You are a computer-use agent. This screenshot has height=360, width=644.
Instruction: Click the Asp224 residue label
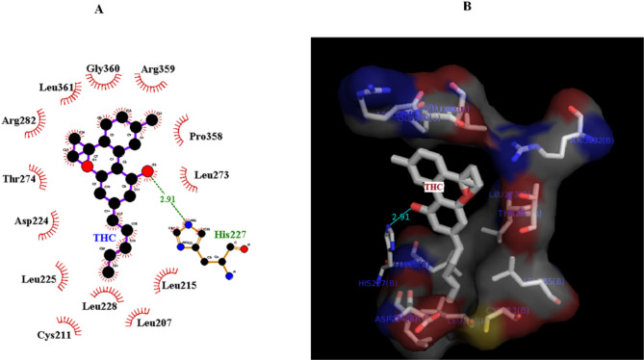coord(33,220)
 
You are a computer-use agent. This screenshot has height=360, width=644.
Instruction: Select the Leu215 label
coord(179,285)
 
